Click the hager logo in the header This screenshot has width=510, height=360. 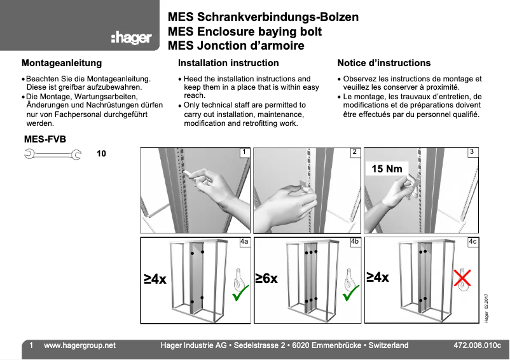pos(131,38)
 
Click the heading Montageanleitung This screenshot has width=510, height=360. pos(62,63)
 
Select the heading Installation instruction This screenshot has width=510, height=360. pos(228,63)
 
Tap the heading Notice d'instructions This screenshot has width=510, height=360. pos(383,63)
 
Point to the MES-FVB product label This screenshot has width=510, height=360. pos(45,139)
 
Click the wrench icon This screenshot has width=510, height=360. pos(52,153)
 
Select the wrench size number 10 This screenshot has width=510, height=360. pos(101,154)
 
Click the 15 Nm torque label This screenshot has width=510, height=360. pos(387,169)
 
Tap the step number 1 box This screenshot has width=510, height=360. pos(244,152)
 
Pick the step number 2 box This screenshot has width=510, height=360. pos(355,152)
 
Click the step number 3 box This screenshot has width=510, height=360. pos(472,152)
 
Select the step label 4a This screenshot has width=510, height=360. pos(244,242)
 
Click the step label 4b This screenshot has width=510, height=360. pos(355,242)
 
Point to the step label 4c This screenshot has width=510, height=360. pos(472,242)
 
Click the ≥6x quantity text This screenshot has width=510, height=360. pos(267,279)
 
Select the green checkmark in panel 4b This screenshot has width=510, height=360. pos(350,293)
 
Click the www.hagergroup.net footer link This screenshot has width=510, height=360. pos(79,345)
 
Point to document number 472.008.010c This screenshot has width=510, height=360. pos(477,345)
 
